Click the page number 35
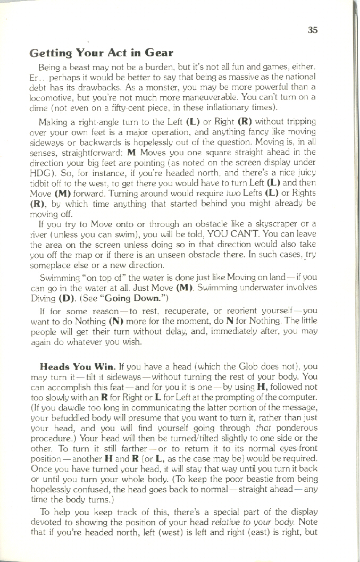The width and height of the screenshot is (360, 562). pyautogui.click(x=313, y=30)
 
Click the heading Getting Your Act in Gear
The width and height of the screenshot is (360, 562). pyautogui.click(x=102, y=53)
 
